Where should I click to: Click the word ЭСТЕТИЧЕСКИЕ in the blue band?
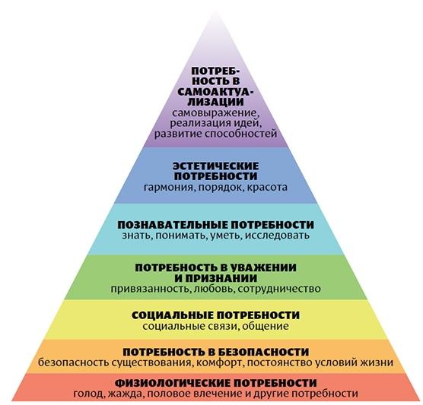(x=215, y=166)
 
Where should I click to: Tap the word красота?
(x=268, y=187)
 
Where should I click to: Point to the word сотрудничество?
(x=279, y=290)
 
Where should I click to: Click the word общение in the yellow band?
(x=266, y=326)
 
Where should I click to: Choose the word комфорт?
(x=219, y=362)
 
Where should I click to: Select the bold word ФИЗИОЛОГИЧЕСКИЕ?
(x=173, y=383)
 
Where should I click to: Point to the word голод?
(x=89, y=394)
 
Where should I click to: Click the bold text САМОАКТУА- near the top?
(x=215, y=92)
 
